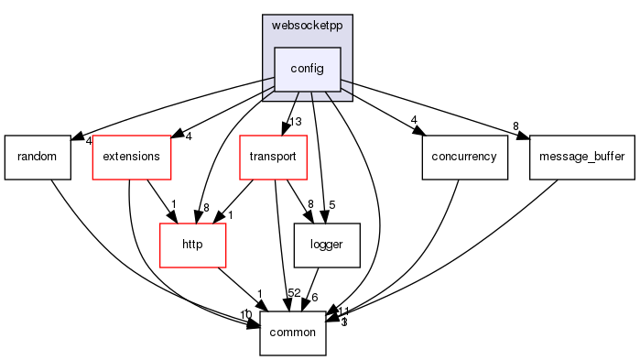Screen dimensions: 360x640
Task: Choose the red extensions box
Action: (x=132, y=156)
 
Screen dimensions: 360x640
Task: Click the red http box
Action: (x=192, y=245)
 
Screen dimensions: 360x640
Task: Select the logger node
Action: (x=326, y=245)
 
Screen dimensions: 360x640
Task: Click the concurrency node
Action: (x=465, y=156)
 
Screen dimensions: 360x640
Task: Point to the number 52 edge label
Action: (x=295, y=293)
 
